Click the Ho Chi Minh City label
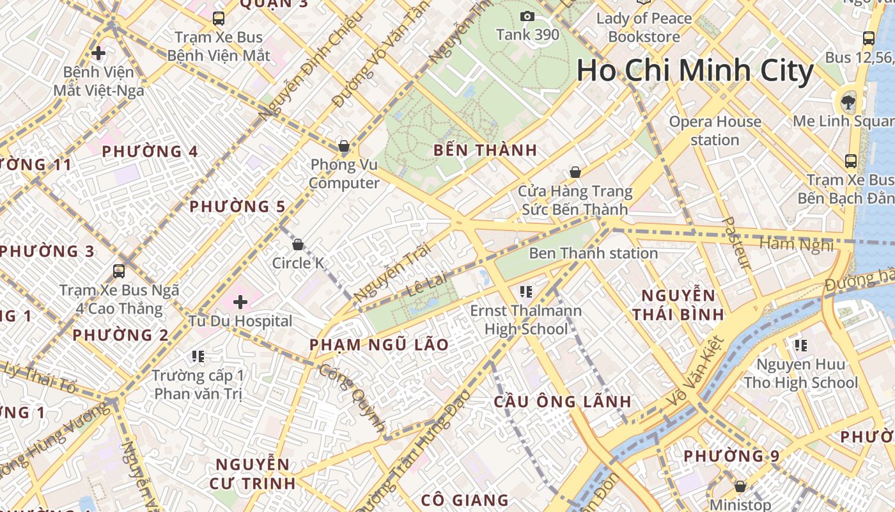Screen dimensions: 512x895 (x=695, y=70)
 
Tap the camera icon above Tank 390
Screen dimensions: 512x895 (x=527, y=16)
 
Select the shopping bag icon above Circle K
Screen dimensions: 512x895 (x=297, y=244)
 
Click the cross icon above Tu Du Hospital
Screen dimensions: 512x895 (x=240, y=301)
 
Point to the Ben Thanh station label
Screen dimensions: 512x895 (x=593, y=253)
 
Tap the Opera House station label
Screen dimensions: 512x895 (x=715, y=131)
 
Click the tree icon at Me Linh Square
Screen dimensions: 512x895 (x=848, y=101)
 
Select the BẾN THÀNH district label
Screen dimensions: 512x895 (x=485, y=150)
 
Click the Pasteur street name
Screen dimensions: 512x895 (x=736, y=243)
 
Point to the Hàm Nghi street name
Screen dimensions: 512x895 (x=797, y=244)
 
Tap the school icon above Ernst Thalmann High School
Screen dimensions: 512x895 (x=526, y=292)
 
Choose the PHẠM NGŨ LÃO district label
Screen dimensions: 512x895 (x=379, y=344)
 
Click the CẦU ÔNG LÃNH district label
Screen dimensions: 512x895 (x=563, y=402)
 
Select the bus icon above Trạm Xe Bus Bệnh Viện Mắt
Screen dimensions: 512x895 (x=219, y=18)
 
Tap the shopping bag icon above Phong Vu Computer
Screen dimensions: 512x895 (x=344, y=146)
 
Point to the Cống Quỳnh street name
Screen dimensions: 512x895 (x=352, y=398)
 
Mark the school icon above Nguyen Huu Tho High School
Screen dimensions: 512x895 (x=800, y=346)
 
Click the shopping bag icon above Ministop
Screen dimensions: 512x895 (x=740, y=486)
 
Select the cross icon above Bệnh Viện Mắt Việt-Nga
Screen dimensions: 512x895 (x=98, y=52)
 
